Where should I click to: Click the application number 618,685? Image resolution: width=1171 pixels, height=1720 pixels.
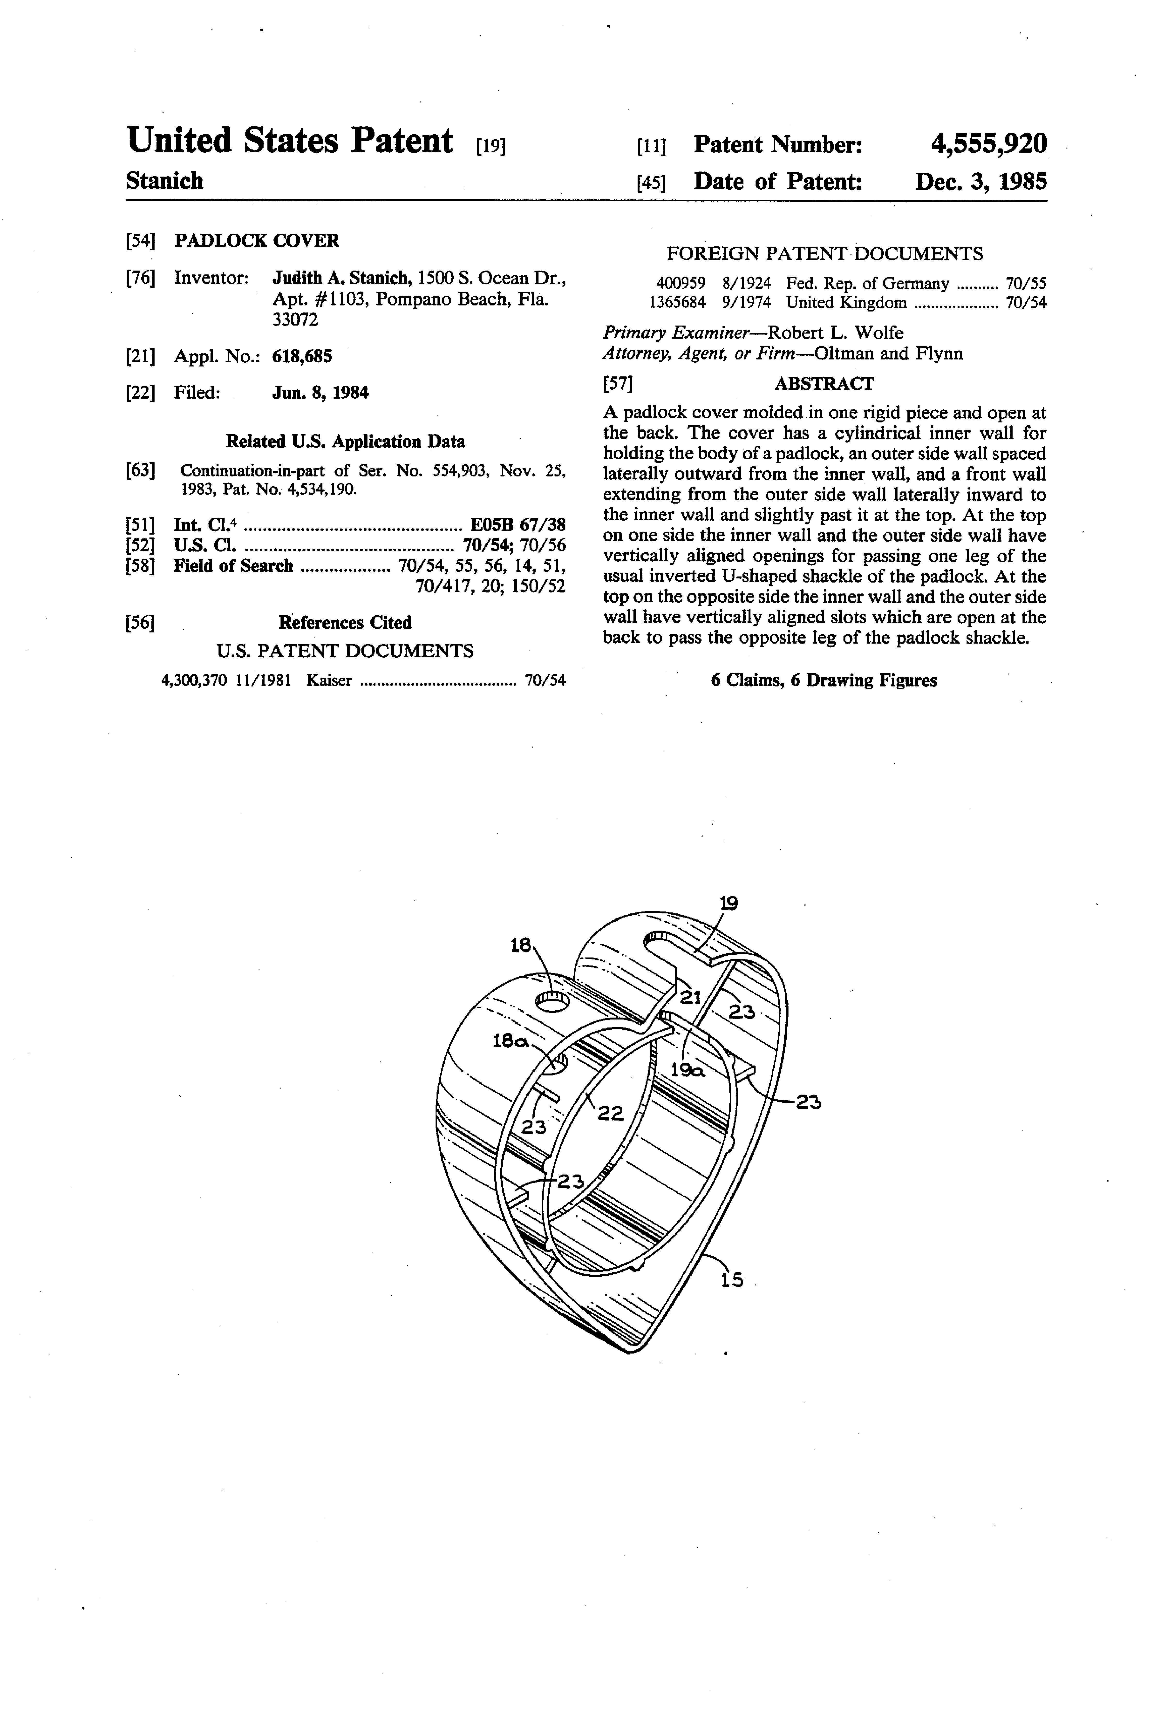coord(302,357)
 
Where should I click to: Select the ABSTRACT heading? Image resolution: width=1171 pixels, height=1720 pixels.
coord(824,383)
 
